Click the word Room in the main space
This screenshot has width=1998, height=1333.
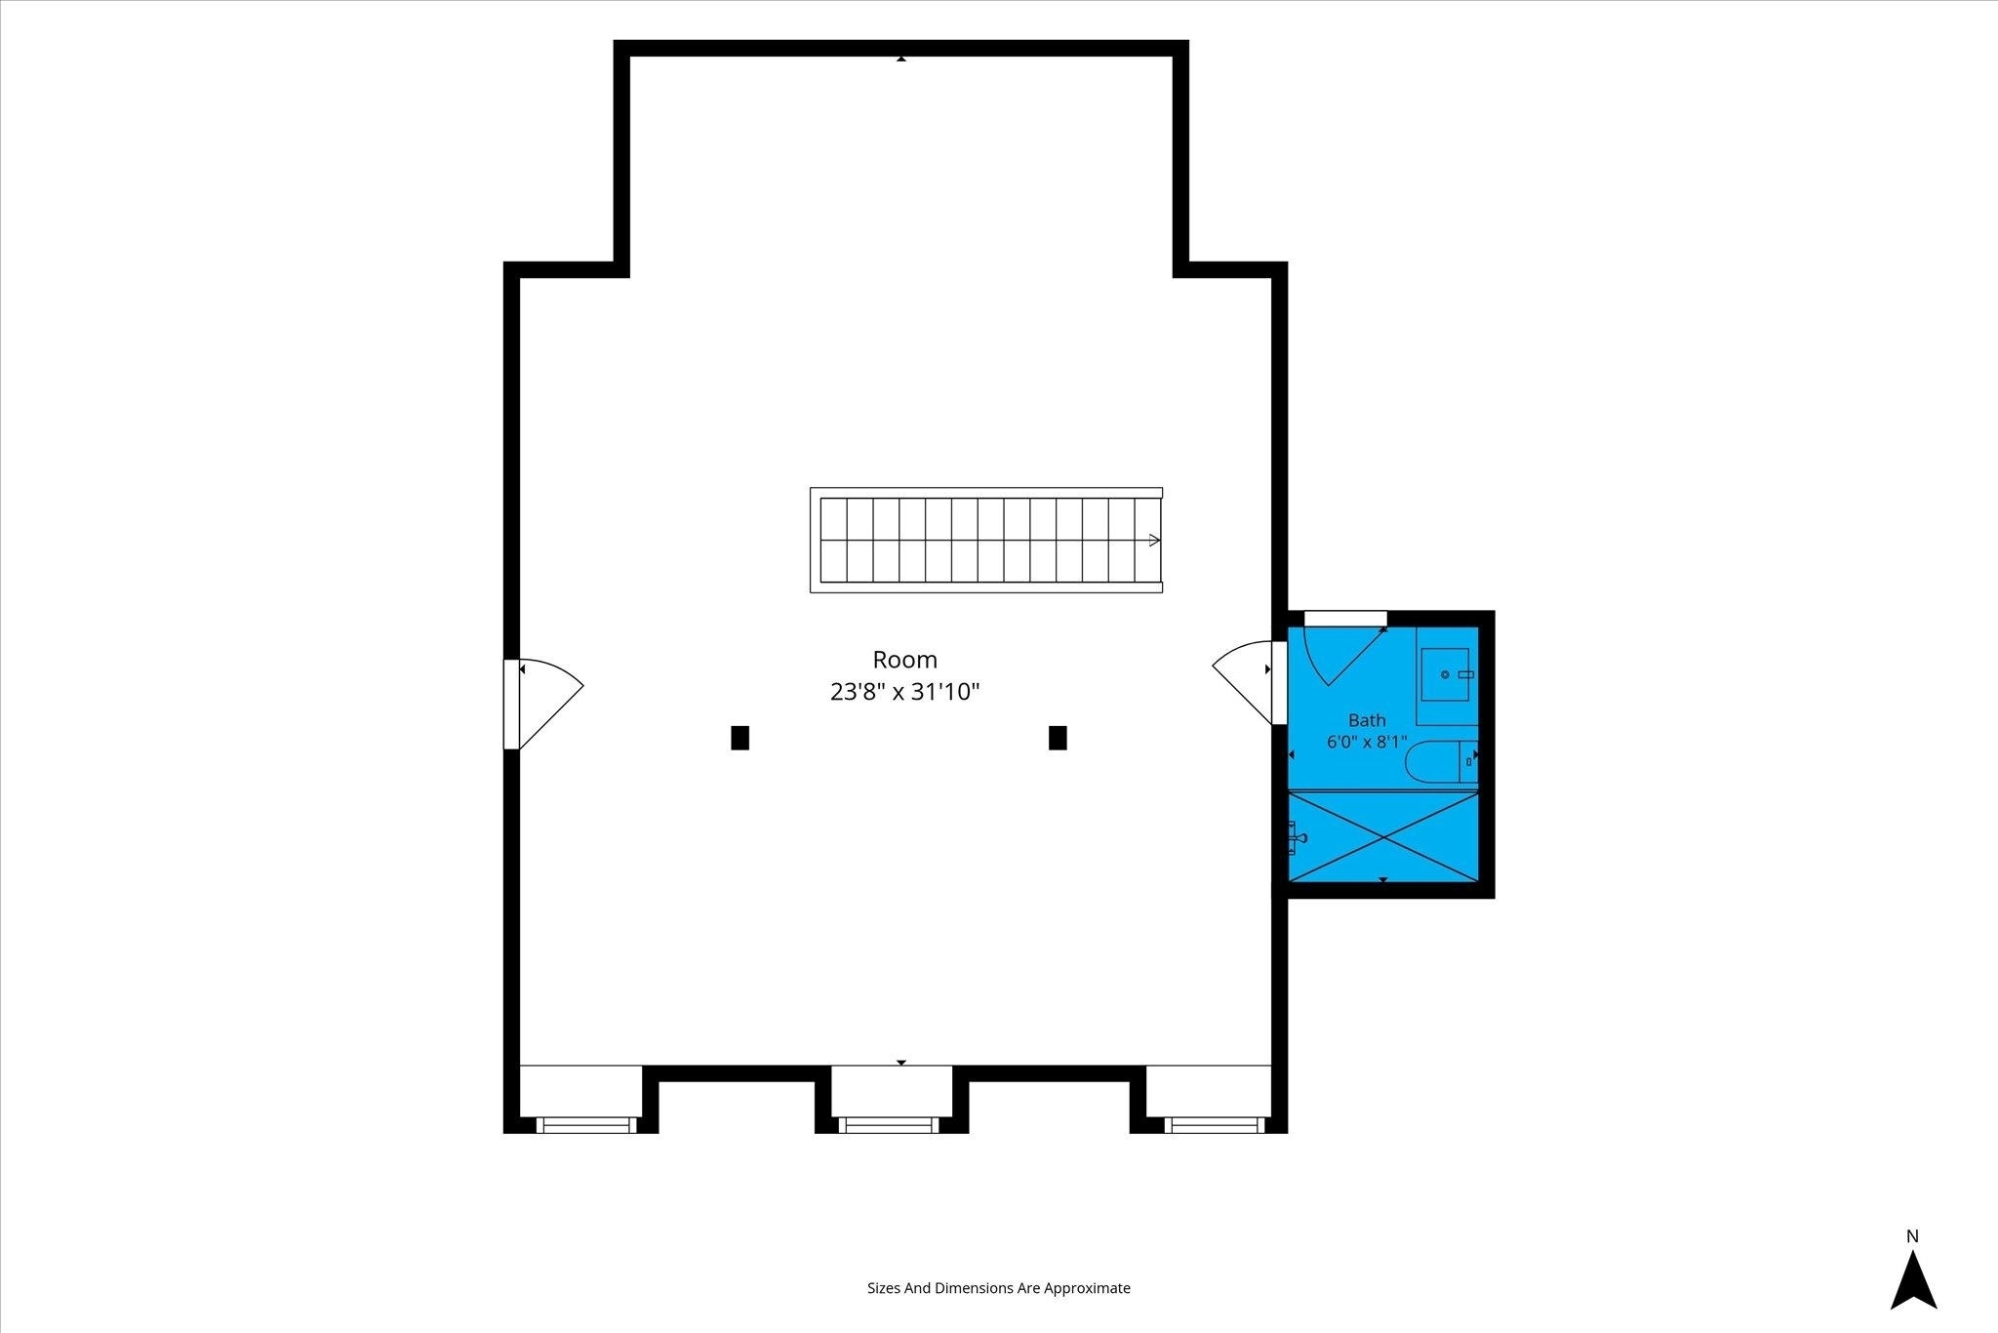tap(904, 660)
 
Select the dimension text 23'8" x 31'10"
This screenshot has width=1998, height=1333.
tap(904, 692)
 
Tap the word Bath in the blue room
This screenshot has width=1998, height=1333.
tap(1367, 720)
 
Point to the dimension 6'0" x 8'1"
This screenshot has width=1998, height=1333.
tap(1367, 742)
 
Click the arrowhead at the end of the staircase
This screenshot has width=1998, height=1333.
tap(1155, 540)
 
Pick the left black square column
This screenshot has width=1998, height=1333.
tap(739, 738)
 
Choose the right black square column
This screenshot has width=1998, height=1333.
tap(1058, 738)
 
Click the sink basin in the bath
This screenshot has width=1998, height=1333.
tap(1445, 674)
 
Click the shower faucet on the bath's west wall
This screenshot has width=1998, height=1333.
tap(1297, 835)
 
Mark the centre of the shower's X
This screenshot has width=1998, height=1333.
tap(1383, 836)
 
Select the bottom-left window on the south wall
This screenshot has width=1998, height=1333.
tap(586, 1125)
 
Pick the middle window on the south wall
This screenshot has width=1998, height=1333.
tap(889, 1125)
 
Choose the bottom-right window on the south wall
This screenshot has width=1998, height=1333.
tap(1215, 1125)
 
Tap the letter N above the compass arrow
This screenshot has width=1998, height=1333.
tap(1912, 1236)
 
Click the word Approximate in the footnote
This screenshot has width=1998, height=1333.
tap(1087, 1288)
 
